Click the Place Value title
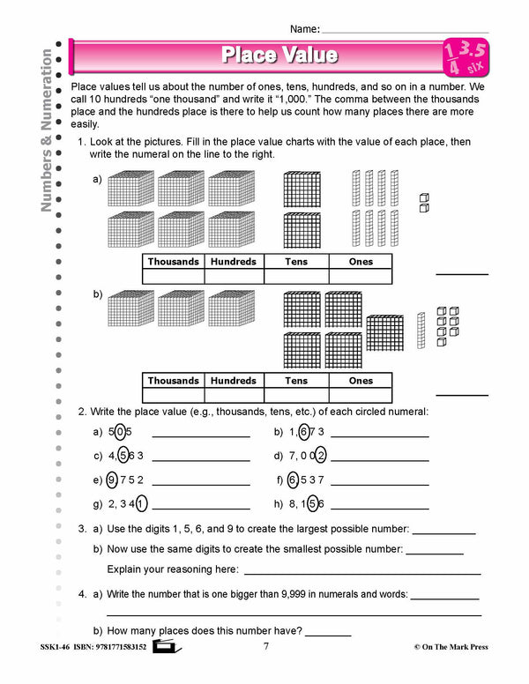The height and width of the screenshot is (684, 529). (279, 56)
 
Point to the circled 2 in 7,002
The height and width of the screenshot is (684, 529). (321, 456)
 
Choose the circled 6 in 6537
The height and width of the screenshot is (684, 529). (293, 480)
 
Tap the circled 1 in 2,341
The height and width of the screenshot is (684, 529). (142, 504)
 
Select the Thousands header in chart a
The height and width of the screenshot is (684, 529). (173, 262)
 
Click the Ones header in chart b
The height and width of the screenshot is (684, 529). (361, 381)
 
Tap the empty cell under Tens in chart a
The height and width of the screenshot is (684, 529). (296, 277)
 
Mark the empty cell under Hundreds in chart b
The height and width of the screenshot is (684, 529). (234, 396)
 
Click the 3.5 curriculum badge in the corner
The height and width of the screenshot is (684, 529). (468, 57)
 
